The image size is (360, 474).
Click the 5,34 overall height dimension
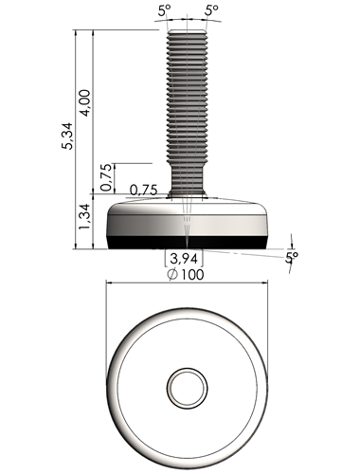click(x=67, y=136)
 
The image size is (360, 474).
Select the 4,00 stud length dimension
click(x=85, y=103)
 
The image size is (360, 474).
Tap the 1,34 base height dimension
click(x=85, y=216)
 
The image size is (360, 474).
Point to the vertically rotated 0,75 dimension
click(x=106, y=177)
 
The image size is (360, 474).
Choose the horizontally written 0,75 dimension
click(x=143, y=190)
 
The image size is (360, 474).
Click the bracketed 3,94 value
click(x=184, y=259)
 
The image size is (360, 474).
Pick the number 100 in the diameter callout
click(x=192, y=274)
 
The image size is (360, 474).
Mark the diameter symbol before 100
click(x=172, y=274)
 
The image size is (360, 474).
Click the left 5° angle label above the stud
click(x=164, y=11)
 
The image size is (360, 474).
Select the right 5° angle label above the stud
click(x=211, y=10)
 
